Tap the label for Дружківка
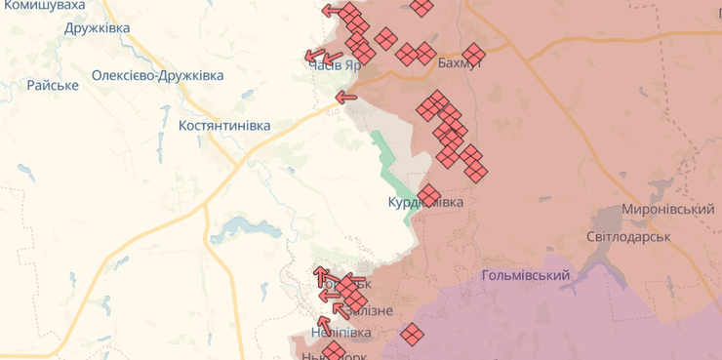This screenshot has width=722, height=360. (98, 28)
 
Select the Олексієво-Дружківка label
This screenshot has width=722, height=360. (157, 75)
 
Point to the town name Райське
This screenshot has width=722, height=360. (53, 86)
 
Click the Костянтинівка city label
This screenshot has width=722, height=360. (224, 126)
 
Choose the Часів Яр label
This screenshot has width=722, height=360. (334, 63)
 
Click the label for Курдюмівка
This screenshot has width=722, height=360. (425, 202)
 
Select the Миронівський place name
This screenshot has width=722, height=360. (668, 211)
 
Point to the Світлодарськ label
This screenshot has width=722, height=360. (628, 237)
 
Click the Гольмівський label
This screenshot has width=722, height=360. (526, 276)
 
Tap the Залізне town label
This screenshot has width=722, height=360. (367, 310)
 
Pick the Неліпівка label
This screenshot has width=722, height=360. (341, 333)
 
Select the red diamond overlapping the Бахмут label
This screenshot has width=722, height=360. (474, 54)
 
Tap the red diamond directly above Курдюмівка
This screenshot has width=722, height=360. (428, 193)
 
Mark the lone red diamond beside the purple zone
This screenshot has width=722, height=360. (412, 334)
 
